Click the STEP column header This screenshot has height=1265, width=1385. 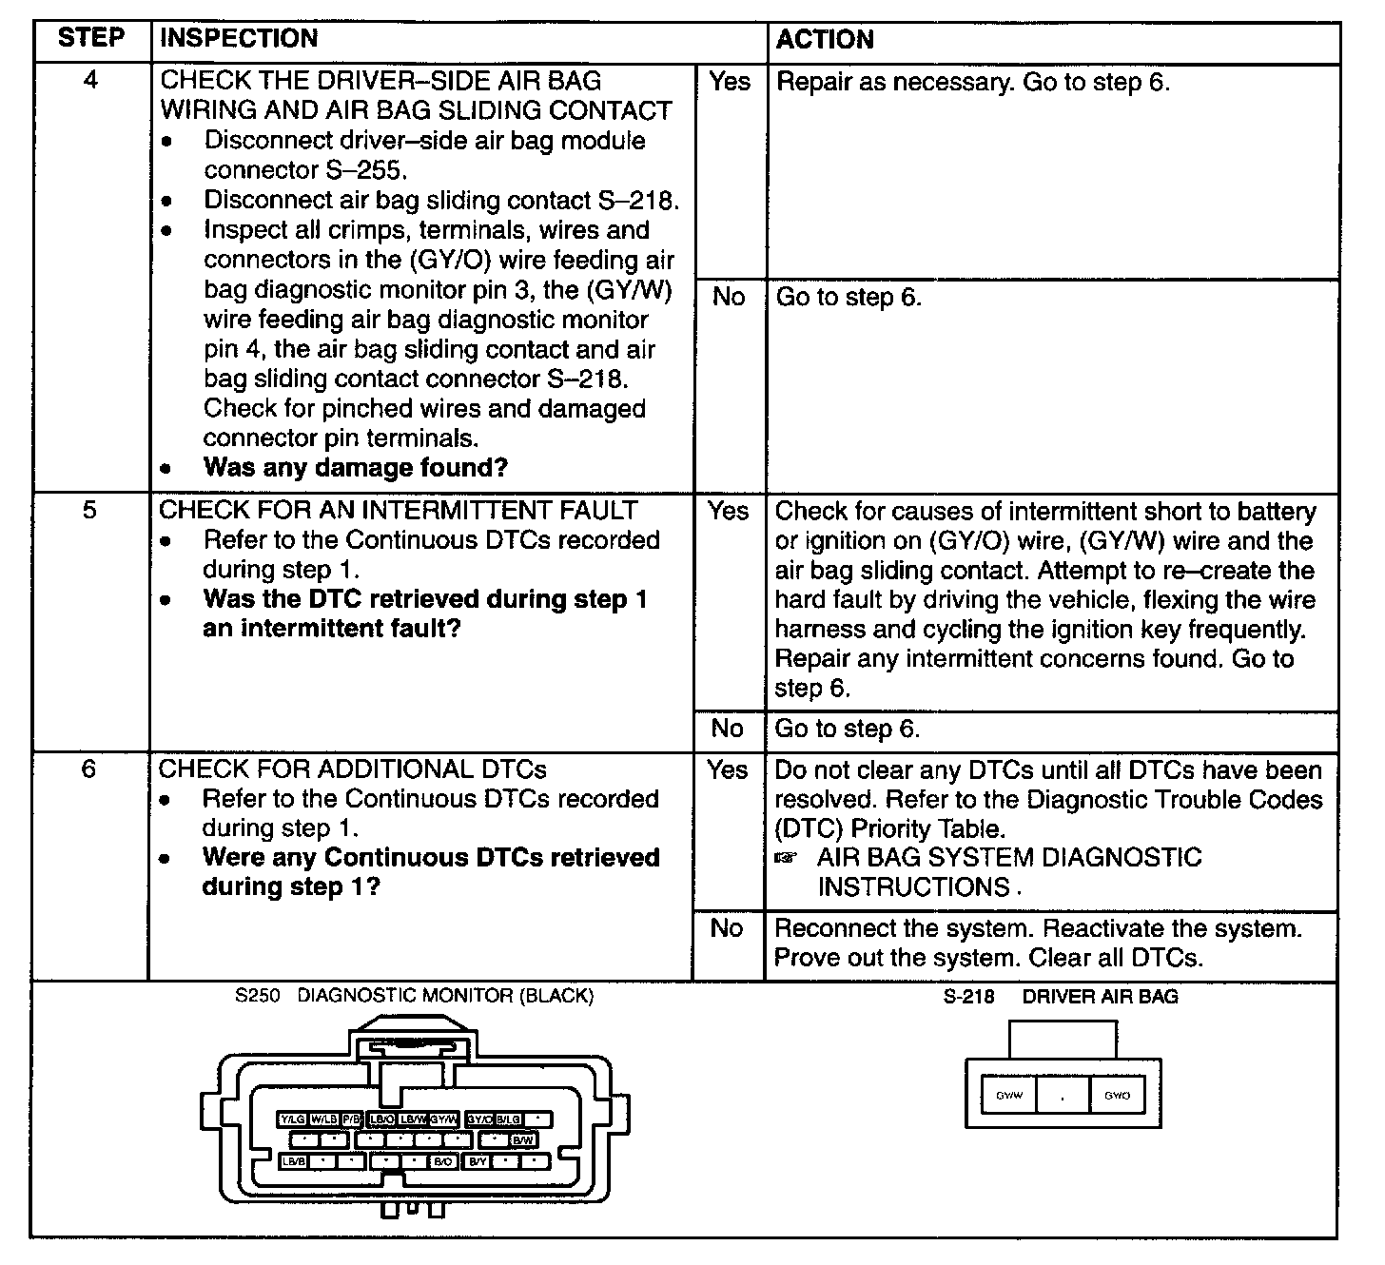tap(90, 39)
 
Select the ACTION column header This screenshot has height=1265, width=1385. tap(825, 40)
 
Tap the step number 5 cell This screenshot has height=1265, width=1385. tap(89, 510)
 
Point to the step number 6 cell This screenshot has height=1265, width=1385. tap(88, 769)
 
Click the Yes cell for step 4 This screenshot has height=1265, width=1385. tap(729, 82)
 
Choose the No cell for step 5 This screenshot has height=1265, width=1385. tap(728, 729)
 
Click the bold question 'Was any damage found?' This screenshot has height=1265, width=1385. tap(356, 468)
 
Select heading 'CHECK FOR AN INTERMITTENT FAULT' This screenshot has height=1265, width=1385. tap(398, 511)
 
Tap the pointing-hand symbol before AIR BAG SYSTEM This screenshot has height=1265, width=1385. tap(786, 859)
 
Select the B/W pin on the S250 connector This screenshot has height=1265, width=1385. tap(523, 1139)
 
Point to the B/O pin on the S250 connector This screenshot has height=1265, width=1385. tap(444, 1161)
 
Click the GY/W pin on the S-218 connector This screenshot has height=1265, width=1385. tap(1008, 1096)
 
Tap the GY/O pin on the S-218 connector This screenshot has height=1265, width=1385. tap(1117, 1096)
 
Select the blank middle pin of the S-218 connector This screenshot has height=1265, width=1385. tap(1063, 1096)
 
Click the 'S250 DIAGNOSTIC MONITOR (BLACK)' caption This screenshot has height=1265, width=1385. tap(415, 996)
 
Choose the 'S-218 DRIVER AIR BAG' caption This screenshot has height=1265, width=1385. tap(1061, 997)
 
